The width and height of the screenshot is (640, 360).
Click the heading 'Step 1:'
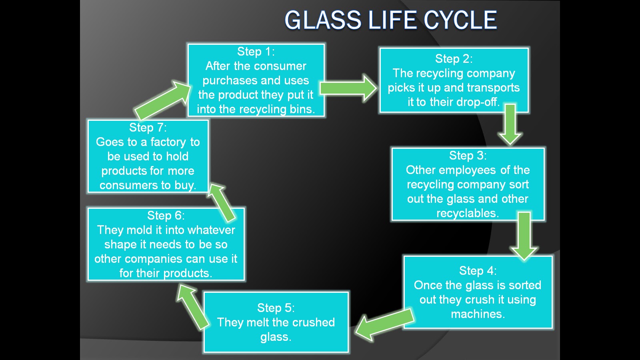(x=256, y=52)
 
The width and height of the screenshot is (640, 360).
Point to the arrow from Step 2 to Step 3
(x=510, y=124)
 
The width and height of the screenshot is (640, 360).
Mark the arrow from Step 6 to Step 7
(x=222, y=202)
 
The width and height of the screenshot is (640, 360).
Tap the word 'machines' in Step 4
(x=477, y=314)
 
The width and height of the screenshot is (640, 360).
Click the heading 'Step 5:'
(x=276, y=308)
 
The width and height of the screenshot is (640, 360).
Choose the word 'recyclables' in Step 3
(x=467, y=213)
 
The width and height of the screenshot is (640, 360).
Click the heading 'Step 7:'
(x=148, y=128)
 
